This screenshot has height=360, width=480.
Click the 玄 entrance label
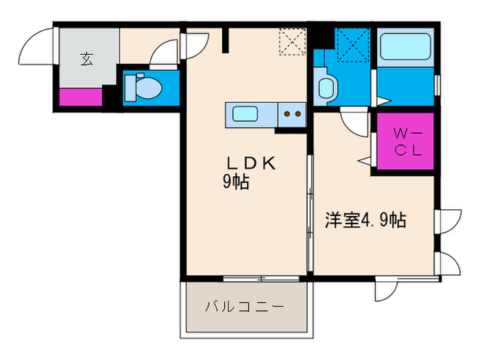[86, 60]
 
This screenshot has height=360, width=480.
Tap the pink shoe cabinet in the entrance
[80, 97]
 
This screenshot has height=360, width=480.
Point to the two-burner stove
[293, 115]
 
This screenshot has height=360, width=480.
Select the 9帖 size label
[235, 182]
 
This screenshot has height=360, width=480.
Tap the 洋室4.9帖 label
[365, 220]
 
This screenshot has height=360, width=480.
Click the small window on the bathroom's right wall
[437, 87]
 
